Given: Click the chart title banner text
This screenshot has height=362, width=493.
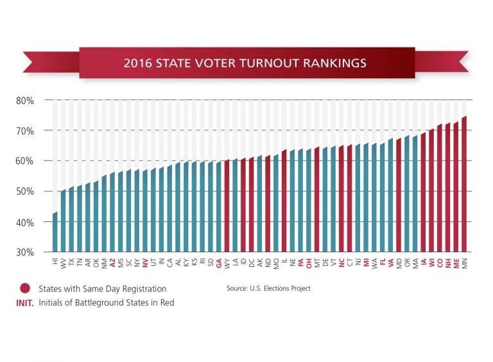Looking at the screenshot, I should point(245,63).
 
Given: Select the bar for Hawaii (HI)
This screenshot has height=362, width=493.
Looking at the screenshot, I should point(55,232).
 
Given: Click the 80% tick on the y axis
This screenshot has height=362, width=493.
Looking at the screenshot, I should point(25,100).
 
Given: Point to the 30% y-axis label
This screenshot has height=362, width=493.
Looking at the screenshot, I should point(25,252).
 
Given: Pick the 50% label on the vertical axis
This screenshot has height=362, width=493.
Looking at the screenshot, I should point(25,191).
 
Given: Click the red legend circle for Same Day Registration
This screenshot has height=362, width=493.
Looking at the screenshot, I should point(25,288).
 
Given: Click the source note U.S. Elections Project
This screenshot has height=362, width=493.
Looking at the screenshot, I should point(268,289).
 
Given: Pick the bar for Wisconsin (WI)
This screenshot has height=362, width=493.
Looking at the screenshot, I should point(431,191).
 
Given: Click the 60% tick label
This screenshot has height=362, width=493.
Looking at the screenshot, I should point(25,161).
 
